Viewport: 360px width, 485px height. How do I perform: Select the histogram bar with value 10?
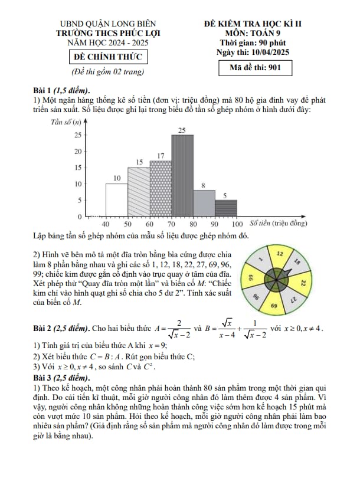pyautogui.click(x=117, y=201)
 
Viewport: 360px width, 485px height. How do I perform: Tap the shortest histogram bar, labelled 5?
pyautogui.click(x=226, y=209)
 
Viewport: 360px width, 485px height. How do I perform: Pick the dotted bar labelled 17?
pyautogui.click(x=161, y=189)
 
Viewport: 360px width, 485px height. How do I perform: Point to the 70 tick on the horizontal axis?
pyautogui.click(x=172, y=224)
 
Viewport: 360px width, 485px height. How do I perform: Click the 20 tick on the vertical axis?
pyautogui.click(x=77, y=152)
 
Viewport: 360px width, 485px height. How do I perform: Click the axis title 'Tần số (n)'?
pyautogui.click(x=66, y=122)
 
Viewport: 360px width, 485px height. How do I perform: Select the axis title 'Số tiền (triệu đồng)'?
pyautogui.click(x=279, y=224)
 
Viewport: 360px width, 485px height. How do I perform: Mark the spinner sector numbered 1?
pyautogui.click(x=260, y=260)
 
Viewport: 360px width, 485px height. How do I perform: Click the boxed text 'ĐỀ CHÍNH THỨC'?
pyautogui.click(x=107, y=57)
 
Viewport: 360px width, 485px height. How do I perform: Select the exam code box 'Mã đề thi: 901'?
pyautogui.click(x=254, y=67)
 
